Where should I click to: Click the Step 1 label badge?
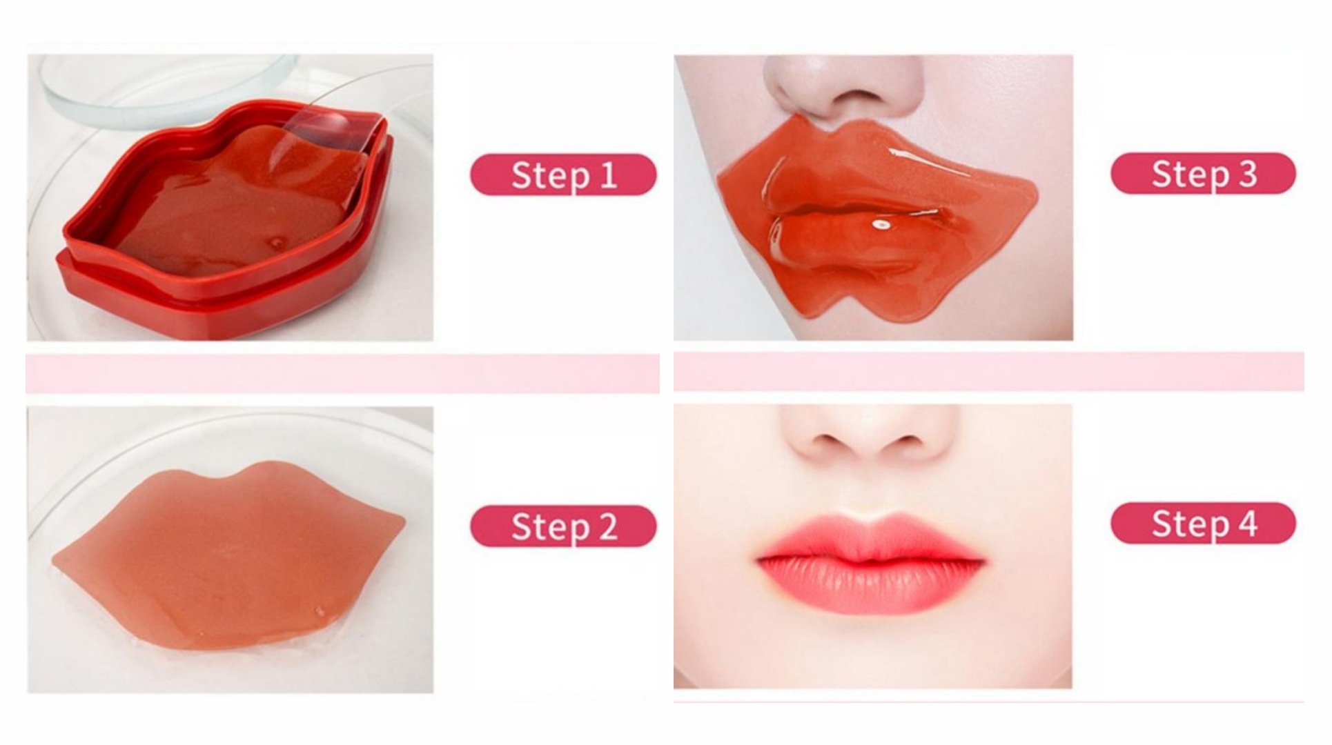(563, 175)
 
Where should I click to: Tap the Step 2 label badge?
(563, 526)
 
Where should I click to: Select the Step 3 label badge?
(1203, 173)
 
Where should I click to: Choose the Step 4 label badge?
(1203, 523)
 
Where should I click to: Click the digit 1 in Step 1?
(608, 175)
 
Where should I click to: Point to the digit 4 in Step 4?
(1248, 523)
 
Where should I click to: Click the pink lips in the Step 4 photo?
(871, 562)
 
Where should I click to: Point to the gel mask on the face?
(876, 221)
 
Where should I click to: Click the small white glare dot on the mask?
(881, 224)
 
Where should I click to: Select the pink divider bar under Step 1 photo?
(342, 373)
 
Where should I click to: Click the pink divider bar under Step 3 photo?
(989, 371)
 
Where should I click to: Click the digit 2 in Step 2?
(608, 526)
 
